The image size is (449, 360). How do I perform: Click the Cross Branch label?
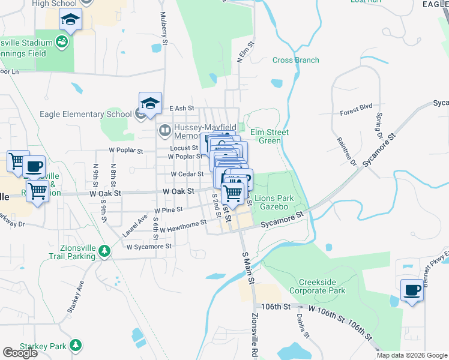295,60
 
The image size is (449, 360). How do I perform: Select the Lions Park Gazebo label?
274,202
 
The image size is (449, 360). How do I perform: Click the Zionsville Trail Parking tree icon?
104,251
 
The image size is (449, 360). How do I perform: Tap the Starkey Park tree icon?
76,346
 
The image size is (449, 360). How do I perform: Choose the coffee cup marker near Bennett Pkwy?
412,290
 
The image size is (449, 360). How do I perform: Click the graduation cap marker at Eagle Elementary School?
151,103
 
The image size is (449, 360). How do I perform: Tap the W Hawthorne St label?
181,224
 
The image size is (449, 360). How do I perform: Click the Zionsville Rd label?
255,337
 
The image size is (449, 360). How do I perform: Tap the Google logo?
20,353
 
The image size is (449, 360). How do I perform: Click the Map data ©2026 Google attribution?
411,355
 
